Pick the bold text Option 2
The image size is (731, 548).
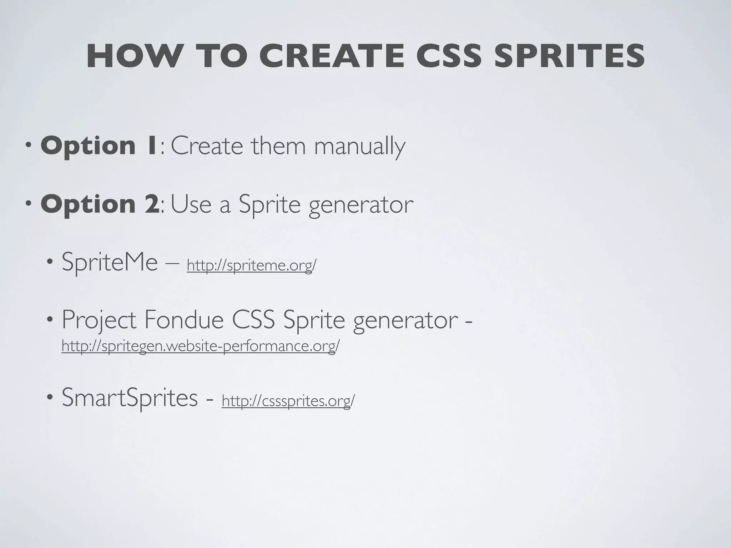[100, 204]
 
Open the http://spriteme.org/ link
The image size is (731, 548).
[251, 265]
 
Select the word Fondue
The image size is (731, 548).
[184, 320]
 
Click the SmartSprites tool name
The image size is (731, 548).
[130, 397]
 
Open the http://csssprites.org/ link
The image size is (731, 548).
[288, 401]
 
